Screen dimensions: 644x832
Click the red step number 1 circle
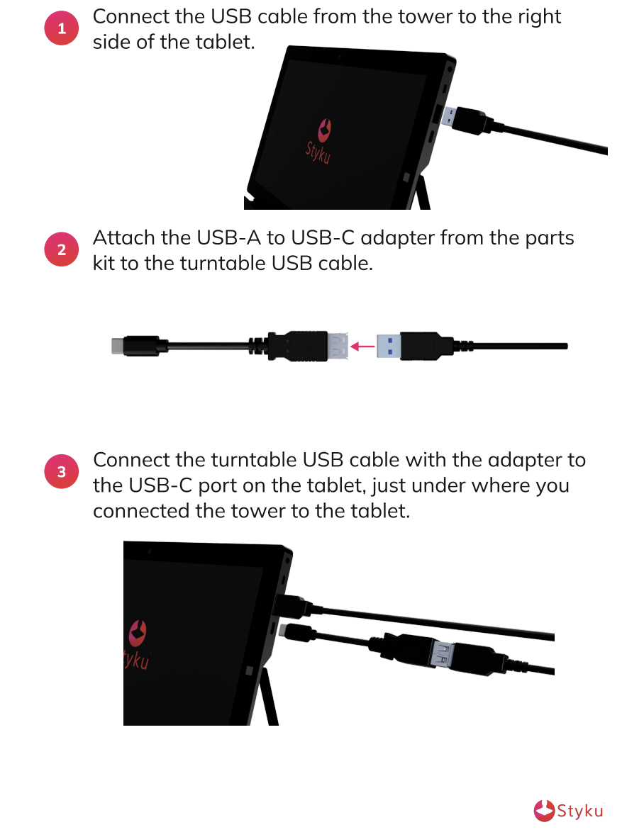coord(62,28)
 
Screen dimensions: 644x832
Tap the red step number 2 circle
coord(62,249)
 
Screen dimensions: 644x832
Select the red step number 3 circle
coord(62,471)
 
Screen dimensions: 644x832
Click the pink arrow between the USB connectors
coord(362,347)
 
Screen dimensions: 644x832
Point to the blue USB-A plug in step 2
coord(388,346)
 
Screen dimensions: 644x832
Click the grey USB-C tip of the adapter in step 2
coord(117,346)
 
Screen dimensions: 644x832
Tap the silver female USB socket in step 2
coord(338,347)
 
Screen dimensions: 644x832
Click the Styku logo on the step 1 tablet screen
coord(320,141)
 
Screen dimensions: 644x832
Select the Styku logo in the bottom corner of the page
coord(569,811)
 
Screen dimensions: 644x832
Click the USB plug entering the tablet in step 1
coord(466,120)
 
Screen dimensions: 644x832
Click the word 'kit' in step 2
coord(104,264)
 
